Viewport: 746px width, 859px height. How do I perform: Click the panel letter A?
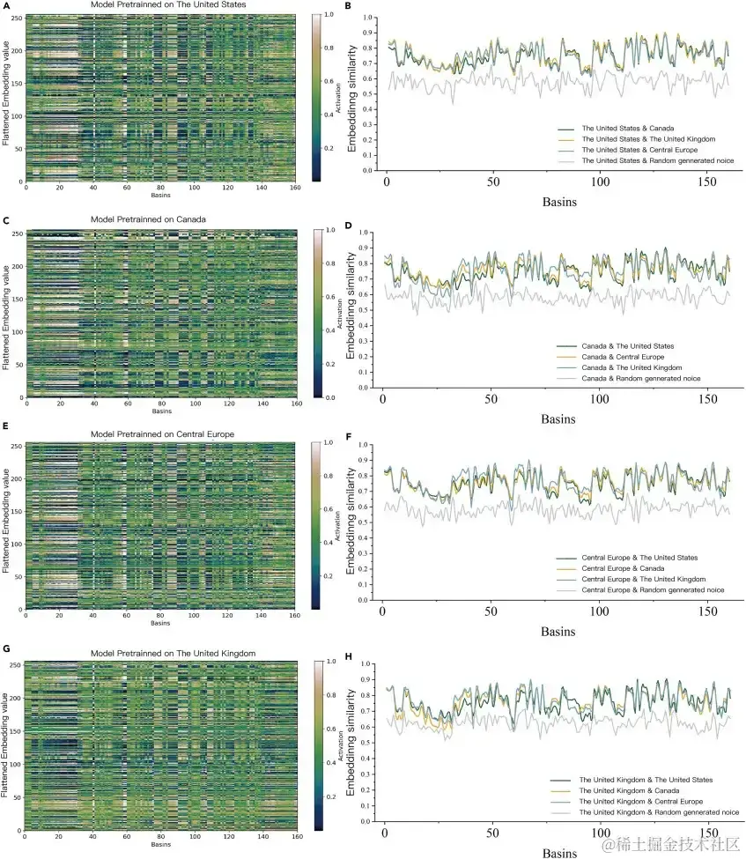point(5,5)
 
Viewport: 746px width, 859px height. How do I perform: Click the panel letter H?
point(350,656)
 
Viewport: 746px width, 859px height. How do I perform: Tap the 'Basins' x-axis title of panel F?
point(558,632)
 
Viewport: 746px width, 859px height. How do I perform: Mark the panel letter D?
point(350,226)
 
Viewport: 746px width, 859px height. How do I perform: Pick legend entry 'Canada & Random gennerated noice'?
point(633,378)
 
